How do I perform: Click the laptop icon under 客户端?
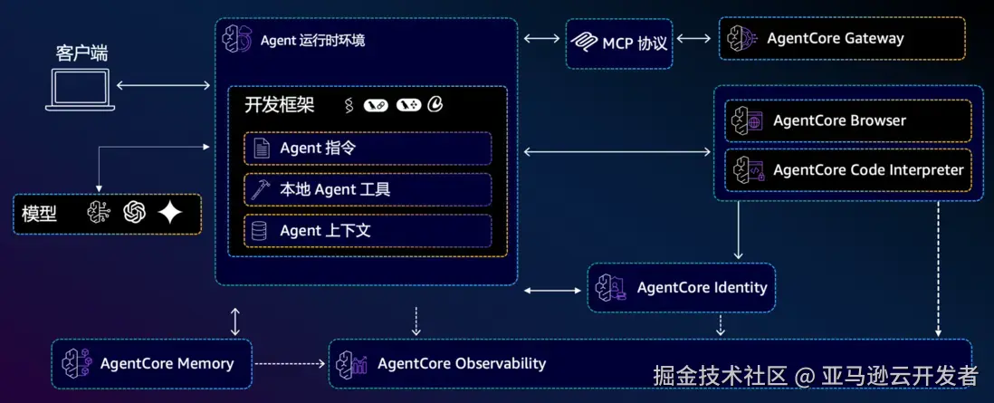[x=81, y=90]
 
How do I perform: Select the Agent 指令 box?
[x=368, y=148]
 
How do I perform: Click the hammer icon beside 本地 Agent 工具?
[x=261, y=189]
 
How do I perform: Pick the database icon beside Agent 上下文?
[x=261, y=231]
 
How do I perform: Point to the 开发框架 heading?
[x=280, y=104]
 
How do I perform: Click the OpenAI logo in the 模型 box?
[x=135, y=213]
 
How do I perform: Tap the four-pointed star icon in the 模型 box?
[x=169, y=213]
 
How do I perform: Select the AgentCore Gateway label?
[x=835, y=38]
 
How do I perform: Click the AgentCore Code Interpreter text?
[x=868, y=170]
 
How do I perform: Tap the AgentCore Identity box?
[x=682, y=288]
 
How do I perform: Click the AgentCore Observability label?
[x=462, y=363]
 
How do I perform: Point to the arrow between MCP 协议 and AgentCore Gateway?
[x=694, y=38]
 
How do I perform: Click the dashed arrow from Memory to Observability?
[x=290, y=364]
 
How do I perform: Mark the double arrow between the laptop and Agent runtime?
[x=164, y=86]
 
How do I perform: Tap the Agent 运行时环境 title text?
[x=312, y=40]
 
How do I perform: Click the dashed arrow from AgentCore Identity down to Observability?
[x=721, y=324]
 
